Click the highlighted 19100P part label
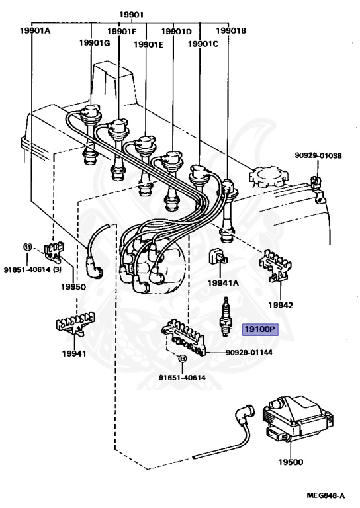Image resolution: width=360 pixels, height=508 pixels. [261, 329]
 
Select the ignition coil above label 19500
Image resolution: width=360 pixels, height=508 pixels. [297, 419]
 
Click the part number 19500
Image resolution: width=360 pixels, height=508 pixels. [291, 462]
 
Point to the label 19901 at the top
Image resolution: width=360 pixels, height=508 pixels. [131, 15]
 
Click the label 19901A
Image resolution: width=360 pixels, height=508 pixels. [35, 31]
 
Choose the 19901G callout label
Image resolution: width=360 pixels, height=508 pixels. [95, 42]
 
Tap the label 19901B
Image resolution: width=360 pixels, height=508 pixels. [231, 31]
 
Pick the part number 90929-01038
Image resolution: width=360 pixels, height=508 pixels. [318, 155]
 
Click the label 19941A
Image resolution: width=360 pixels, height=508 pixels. [223, 283]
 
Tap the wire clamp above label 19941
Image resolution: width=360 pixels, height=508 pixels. [75, 323]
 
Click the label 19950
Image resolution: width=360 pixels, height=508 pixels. [73, 286]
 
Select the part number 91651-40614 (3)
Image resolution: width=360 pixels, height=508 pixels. [32, 269]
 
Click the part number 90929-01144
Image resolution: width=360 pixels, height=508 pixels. [249, 352]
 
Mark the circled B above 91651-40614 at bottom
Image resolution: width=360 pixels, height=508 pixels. [183, 359]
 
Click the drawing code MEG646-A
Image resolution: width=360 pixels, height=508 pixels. [326, 495]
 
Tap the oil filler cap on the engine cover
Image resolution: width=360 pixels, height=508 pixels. [267, 177]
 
